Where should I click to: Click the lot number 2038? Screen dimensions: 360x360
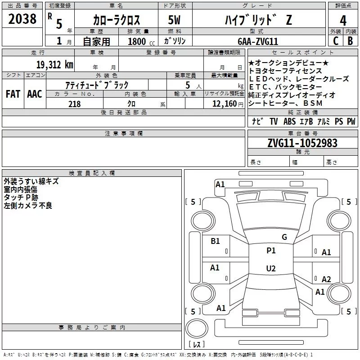click(22, 19)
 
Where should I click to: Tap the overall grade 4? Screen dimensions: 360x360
click(343, 21)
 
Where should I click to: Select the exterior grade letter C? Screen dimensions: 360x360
click(336, 41)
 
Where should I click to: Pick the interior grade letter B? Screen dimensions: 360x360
click(350, 41)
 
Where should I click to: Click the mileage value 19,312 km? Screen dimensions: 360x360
click(55, 65)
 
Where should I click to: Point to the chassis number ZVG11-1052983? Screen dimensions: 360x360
click(302, 143)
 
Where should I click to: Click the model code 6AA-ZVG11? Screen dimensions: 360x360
click(258, 41)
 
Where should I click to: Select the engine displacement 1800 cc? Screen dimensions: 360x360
click(141, 41)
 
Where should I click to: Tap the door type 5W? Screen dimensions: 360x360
click(174, 20)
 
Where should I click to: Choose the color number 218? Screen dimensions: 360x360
click(74, 104)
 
